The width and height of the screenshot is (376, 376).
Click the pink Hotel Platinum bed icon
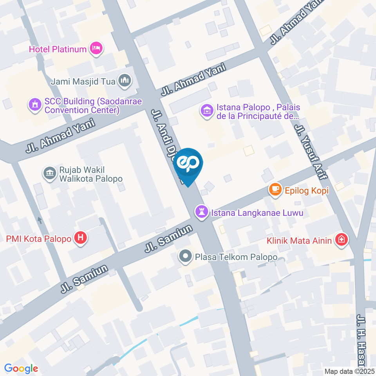(96, 49)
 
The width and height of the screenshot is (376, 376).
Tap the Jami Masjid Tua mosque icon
(125, 81)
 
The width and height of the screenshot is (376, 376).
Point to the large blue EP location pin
(188, 164)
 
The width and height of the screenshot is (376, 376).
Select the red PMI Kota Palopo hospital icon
(81, 237)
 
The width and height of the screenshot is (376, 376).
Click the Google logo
(21, 369)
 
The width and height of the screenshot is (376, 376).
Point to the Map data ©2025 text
(349, 371)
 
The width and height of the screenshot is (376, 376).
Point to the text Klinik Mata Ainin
(300, 240)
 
